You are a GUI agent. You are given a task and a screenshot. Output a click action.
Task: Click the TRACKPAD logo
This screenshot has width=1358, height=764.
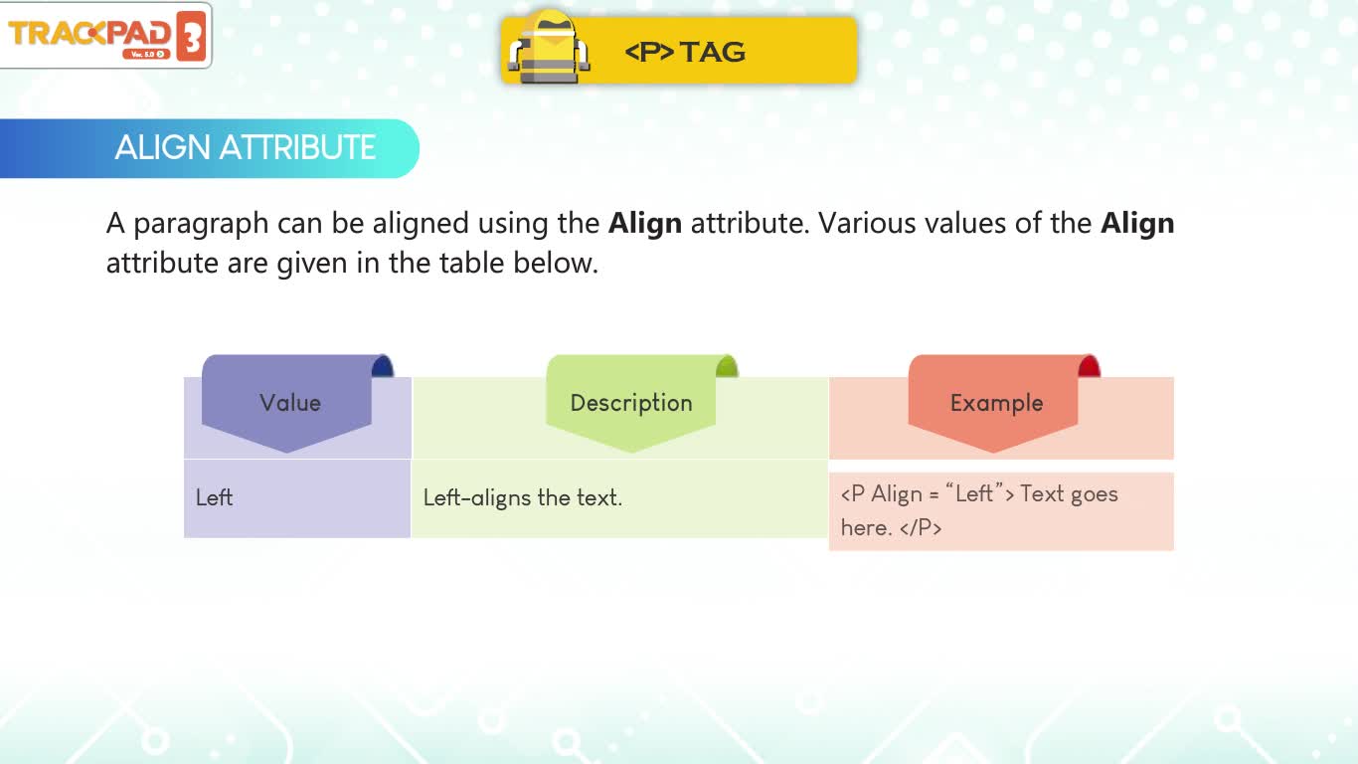pyautogui.click(x=106, y=36)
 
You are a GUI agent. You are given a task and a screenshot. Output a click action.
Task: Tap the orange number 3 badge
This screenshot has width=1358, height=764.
pyautogui.click(x=191, y=37)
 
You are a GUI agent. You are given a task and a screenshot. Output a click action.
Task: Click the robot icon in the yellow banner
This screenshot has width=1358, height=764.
pyautogui.click(x=549, y=48)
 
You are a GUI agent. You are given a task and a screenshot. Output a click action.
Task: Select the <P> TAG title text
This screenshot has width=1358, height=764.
pyautogui.click(x=685, y=52)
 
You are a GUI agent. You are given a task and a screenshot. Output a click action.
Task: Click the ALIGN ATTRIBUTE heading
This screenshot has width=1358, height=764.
pyautogui.click(x=245, y=147)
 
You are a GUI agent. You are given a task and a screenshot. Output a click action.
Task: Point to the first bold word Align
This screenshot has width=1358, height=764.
pyautogui.click(x=645, y=223)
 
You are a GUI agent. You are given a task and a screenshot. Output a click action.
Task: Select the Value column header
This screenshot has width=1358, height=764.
pyautogui.click(x=289, y=403)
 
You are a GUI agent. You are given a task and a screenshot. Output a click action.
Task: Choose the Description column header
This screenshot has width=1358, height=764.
pyautogui.click(x=631, y=404)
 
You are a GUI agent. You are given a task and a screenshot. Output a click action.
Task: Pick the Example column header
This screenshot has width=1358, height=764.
pyautogui.click(x=997, y=404)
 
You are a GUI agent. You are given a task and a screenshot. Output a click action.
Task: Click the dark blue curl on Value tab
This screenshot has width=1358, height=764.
pyautogui.click(x=383, y=366)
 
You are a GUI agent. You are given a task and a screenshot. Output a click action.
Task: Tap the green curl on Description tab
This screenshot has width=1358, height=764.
pyautogui.click(x=727, y=366)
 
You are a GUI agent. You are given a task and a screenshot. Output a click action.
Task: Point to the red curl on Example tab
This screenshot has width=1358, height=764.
pyautogui.click(x=1089, y=366)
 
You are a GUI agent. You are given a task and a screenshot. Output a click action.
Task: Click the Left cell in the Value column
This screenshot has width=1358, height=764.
pyautogui.click(x=214, y=497)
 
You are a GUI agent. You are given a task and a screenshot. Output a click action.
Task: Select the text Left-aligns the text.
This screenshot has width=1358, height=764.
pyautogui.click(x=523, y=498)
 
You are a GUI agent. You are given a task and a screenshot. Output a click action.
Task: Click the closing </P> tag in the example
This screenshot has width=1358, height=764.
pyautogui.click(x=921, y=527)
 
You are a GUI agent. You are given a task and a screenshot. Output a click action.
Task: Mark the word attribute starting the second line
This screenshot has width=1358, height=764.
pyautogui.click(x=162, y=263)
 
